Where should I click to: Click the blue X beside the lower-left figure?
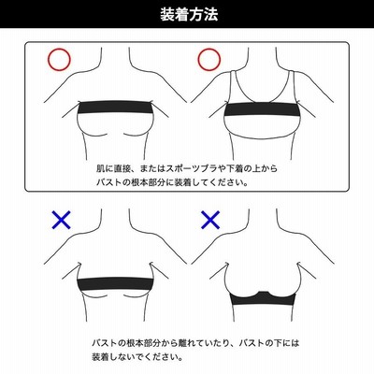(x=62, y=220)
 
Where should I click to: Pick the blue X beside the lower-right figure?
(x=210, y=220)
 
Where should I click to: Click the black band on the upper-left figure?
(x=115, y=108)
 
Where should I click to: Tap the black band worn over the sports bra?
(x=263, y=109)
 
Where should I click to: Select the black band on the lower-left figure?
(x=115, y=283)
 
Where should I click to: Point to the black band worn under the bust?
(x=263, y=299)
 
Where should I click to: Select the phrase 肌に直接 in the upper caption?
(x=112, y=168)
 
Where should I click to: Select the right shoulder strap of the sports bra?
(x=292, y=86)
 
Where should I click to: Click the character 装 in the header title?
(x=167, y=14)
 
